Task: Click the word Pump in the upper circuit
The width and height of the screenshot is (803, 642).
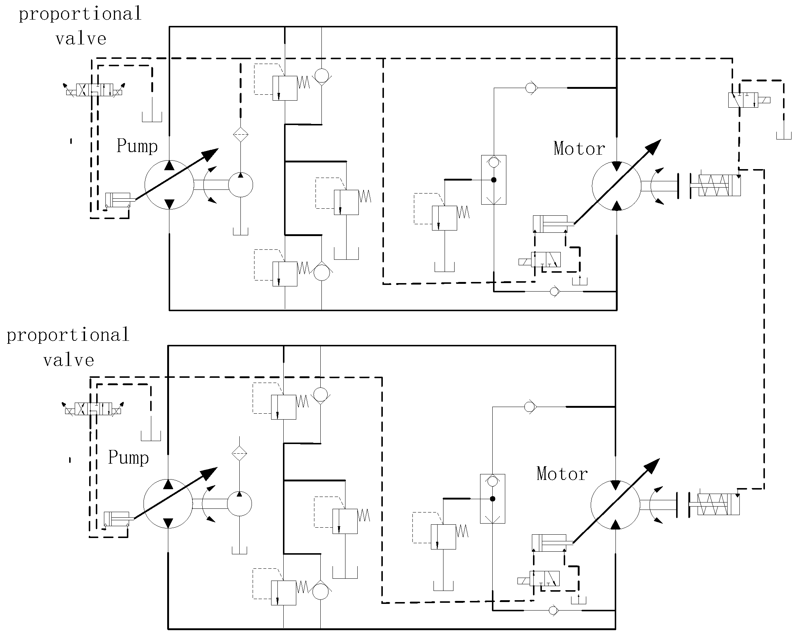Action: pos(137,146)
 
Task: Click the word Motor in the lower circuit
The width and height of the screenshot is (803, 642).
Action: pos(561,474)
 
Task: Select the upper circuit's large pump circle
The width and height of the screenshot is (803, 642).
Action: pos(169,185)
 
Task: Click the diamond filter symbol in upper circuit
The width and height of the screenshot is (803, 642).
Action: pos(240,135)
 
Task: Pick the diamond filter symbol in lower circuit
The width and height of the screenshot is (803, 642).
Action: pos(239,454)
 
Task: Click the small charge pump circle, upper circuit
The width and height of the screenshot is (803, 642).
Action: pos(240,185)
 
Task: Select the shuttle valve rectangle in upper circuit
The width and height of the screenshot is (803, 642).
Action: pos(493,179)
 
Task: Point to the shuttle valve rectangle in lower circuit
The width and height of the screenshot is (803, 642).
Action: pos(492,498)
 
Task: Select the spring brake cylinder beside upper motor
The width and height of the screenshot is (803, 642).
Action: pos(715,185)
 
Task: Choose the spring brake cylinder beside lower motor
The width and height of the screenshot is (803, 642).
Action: pos(714,504)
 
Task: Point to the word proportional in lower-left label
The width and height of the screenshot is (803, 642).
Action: pos(68,335)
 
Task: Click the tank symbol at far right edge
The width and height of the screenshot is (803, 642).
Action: pos(784,135)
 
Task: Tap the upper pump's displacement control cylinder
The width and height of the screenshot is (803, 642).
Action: pos(118,200)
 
